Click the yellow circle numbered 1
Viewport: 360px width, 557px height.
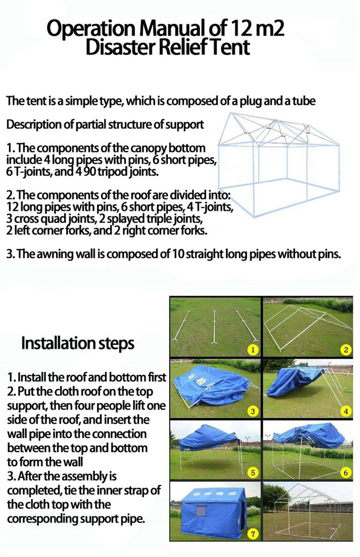[253, 350]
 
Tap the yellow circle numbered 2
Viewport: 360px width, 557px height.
[346, 350]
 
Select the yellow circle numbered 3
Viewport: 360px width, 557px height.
[253, 411]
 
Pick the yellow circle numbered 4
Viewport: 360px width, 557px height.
[346, 411]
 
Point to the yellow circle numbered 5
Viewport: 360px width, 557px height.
[253, 472]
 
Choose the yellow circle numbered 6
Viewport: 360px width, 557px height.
[346, 472]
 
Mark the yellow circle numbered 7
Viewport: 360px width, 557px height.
[253, 534]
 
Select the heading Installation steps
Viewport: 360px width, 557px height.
[78, 344]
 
